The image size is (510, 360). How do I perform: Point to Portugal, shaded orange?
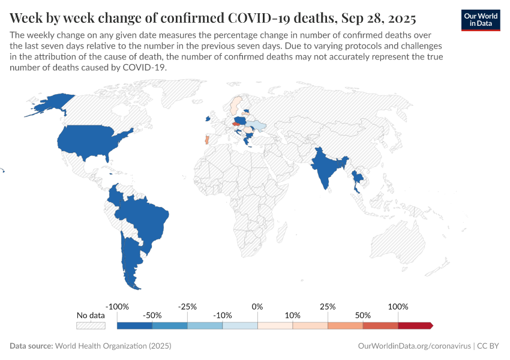[206, 140]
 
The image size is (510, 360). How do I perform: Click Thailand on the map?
[358, 180]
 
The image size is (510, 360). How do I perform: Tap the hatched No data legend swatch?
[91, 326]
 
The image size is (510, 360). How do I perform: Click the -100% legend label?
[117, 307]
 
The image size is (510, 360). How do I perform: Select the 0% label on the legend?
[257, 307]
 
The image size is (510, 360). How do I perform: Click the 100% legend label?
[398, 307]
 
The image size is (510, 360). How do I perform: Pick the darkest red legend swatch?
[415, 326]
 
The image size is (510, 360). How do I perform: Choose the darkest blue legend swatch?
[134, 326]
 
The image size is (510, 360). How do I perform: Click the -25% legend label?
[187, 307]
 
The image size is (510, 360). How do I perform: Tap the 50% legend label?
[362, 315]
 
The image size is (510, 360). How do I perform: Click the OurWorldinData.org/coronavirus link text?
[413, 346]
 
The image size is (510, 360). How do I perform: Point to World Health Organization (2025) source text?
[113, 346]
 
